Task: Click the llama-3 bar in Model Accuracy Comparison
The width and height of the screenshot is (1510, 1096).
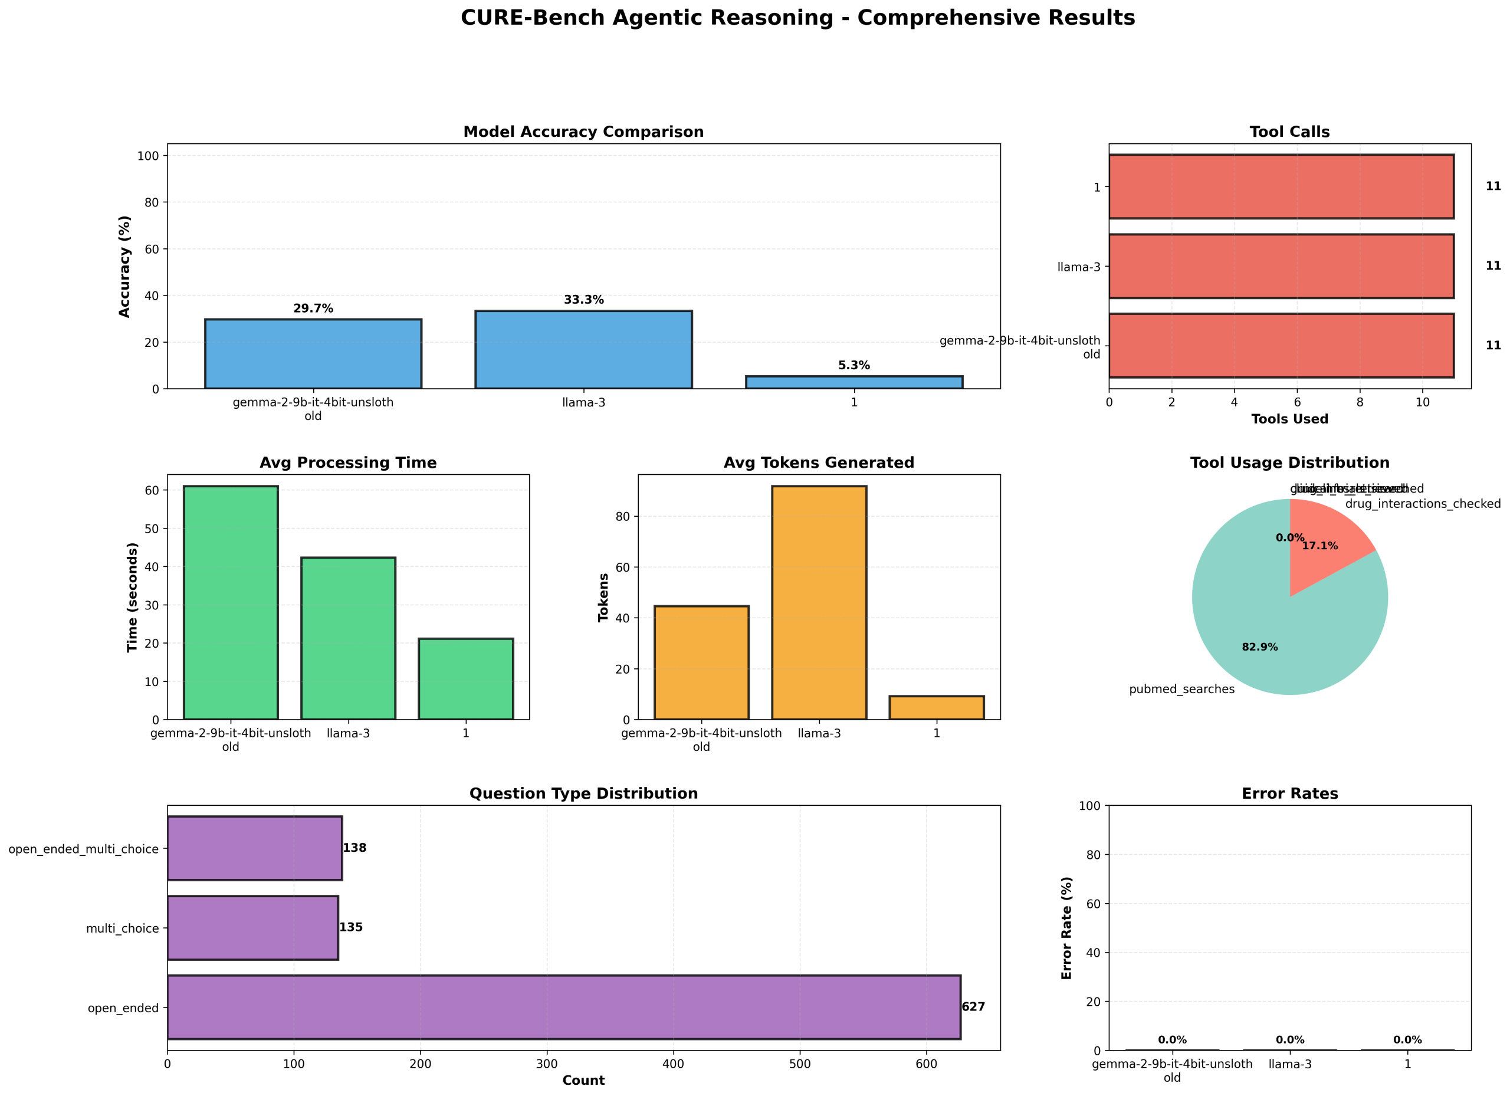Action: click(583, 350)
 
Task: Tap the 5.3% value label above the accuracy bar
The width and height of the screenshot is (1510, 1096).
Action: click(854, 366)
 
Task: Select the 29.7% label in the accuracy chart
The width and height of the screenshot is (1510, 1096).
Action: click(313, 309)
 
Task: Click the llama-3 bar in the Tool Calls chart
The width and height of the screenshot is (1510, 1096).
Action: click(1281, 267)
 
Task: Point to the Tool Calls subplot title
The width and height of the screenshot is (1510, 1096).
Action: click(1289, 133)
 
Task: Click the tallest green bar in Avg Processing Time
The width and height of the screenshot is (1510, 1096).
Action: click(231, 603)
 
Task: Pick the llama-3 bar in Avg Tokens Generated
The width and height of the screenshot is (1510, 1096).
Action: click(819, 603)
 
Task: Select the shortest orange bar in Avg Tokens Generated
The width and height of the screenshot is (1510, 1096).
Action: click(936, 707)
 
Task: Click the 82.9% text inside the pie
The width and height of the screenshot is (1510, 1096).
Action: click(1260, 647)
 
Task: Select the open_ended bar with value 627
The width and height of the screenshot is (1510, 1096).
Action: click(563, 1007)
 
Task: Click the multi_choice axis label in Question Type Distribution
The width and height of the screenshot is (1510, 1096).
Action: click(123, 929)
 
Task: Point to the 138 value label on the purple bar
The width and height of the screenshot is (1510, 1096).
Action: click(354, 848)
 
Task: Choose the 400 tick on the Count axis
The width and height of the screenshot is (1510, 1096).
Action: click(673, 1064)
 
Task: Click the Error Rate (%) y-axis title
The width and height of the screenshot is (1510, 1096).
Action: click(1066, 927)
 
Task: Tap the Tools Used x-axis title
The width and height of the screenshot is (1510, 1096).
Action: click(1289, 419)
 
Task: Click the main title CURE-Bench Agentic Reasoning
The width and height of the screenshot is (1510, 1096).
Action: click(797, 18)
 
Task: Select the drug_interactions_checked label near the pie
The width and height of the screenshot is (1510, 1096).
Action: click(1423, 504)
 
